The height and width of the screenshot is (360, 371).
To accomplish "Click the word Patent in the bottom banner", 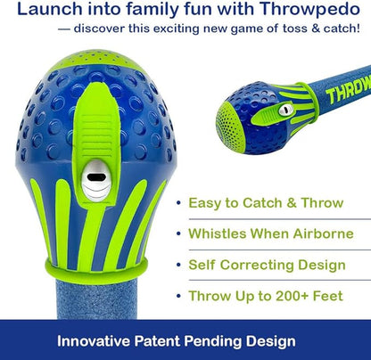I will point(168,340).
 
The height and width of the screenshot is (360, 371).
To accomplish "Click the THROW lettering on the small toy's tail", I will point(347,89).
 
